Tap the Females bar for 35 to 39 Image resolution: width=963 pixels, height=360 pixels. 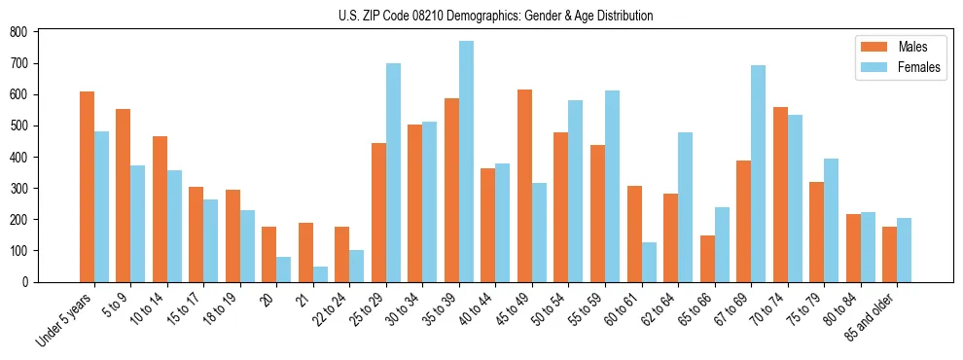tap(467, 162)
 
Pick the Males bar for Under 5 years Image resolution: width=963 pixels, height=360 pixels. tap(87, 187)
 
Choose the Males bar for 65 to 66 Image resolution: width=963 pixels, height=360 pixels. tap(707, 259)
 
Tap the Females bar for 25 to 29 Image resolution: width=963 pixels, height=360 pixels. tap(393, 172)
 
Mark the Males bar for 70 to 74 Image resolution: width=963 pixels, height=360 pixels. tap(780, 195)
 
